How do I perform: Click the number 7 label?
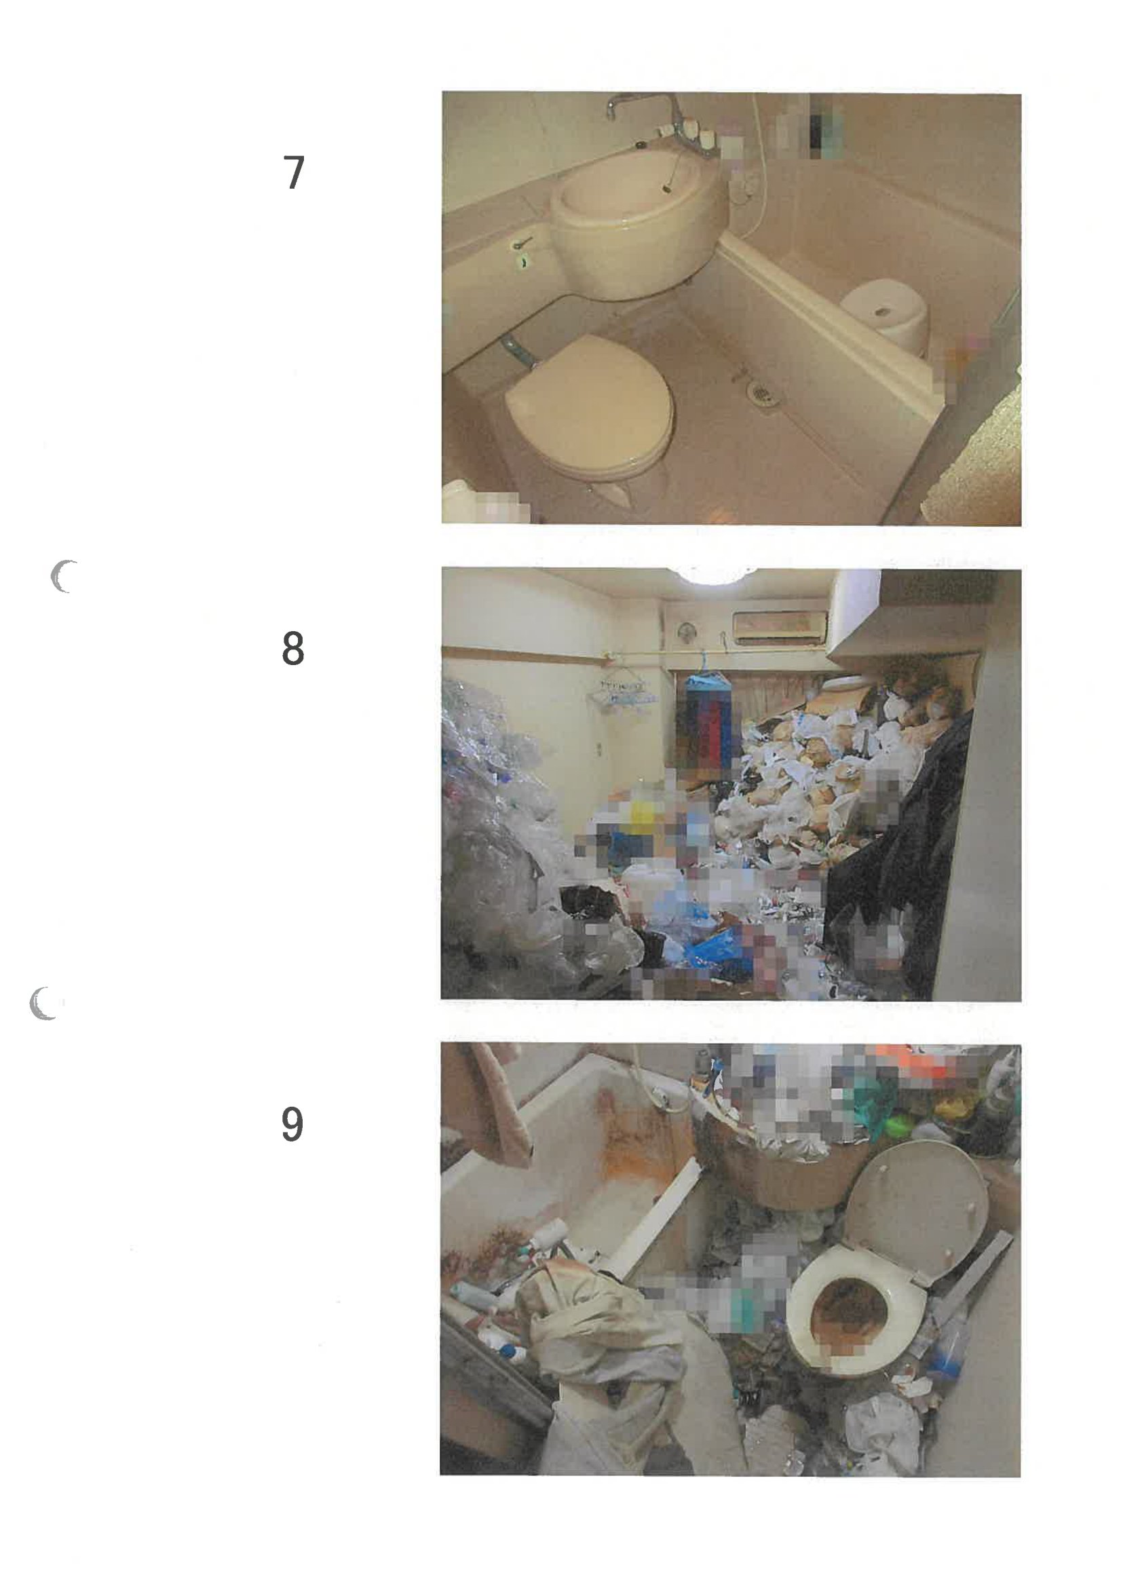coord(294,172)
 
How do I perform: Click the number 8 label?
coord(293,648)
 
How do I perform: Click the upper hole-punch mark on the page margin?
coord(63,577)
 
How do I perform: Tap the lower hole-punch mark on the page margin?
coord(44,1003)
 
